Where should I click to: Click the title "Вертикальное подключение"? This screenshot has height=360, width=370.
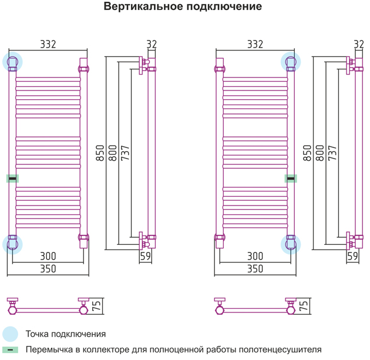183,6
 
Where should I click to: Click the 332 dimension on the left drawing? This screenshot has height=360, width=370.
48,44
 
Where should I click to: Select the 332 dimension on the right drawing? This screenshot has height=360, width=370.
255,44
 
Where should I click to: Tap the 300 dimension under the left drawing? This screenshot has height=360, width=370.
48,256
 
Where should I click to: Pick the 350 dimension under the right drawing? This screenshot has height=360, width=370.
255,269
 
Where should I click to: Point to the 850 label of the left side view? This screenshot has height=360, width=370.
100,153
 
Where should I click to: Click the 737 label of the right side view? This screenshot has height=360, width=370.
332,153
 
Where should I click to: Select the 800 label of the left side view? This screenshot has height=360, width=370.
113,153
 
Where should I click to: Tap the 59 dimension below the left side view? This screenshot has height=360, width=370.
146,256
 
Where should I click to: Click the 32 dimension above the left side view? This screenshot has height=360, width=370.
152,44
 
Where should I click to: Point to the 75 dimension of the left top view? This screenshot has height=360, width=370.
97,305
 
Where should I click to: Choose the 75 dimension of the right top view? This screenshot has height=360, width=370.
304,305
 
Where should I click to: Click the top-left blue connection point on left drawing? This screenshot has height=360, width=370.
12,62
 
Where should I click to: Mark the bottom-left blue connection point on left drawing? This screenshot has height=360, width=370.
12,244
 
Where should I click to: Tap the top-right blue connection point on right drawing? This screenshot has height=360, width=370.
291,62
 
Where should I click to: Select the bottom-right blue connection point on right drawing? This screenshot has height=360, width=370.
291,244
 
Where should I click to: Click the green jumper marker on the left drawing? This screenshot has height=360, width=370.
12,179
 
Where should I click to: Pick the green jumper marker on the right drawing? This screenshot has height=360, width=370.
291,179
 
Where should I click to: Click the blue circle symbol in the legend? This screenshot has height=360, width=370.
10,334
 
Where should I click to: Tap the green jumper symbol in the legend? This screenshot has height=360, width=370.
10,349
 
